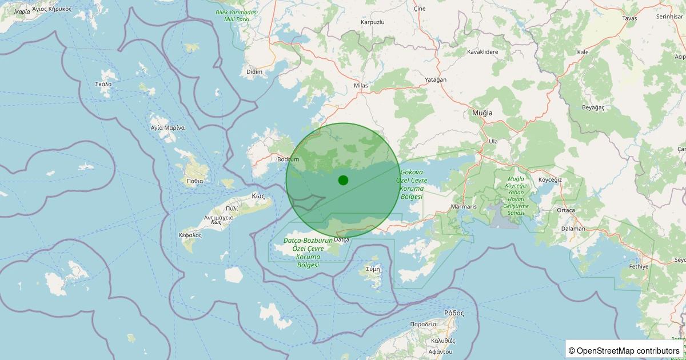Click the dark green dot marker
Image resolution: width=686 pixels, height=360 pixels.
[x=343, y=180]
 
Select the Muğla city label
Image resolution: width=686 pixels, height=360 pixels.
[x=482, y=113]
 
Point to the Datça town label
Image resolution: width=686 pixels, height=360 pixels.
[x=342, y=239]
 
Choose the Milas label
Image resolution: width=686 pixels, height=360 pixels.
[x=361, y=86]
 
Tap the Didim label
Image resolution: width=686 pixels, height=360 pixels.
[x=254, y=71]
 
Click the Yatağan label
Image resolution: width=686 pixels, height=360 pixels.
[x=436, y=79]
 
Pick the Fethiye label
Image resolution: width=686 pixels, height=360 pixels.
[x=639, y=266]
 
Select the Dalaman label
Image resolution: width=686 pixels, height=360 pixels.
[x=573, y=229]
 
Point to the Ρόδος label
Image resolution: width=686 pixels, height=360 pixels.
[x=454, y=313]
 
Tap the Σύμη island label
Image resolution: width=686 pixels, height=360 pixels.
[x=373, y=269]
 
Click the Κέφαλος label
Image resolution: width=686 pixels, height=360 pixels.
[x=190, y=235]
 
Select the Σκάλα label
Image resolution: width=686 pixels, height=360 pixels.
[x=103, y=84]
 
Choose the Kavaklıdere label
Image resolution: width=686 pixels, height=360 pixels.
[x=482, y=52]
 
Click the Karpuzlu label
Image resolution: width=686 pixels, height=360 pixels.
[x=373, y=22]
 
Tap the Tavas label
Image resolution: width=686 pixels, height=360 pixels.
[x=629, y=18]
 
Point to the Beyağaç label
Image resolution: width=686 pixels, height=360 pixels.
[x=593, y=107]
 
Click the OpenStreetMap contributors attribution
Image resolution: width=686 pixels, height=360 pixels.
[x=628, y=350]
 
